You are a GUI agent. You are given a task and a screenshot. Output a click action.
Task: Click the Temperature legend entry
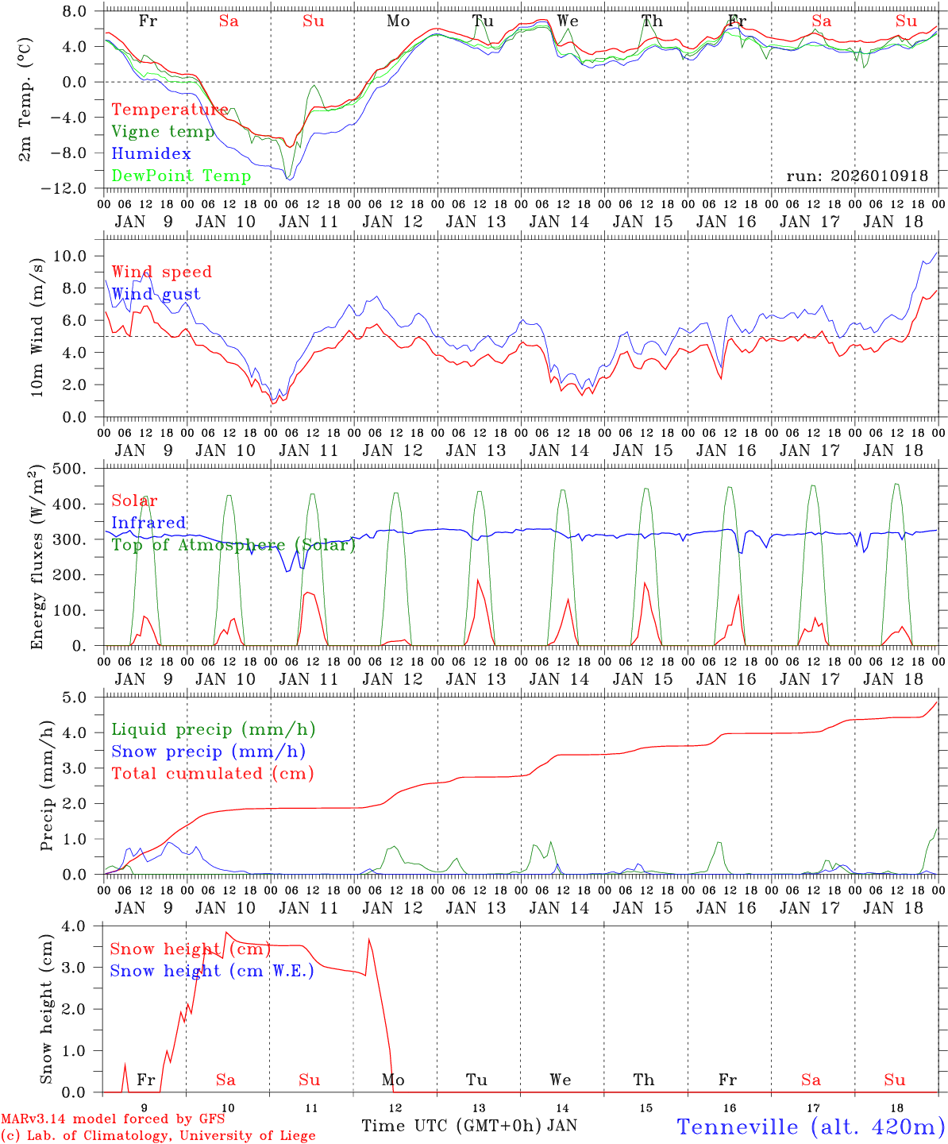170,110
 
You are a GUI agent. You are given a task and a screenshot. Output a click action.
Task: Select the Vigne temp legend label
163,132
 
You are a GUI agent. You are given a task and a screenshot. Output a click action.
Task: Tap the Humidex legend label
151,154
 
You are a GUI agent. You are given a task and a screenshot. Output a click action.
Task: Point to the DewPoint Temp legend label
181,176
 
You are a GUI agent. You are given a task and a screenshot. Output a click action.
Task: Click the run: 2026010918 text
857,176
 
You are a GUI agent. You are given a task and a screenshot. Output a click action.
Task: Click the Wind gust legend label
156,294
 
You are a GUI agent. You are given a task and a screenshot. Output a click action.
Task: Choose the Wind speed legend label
162,272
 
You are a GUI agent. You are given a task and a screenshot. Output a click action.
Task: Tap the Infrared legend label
148,523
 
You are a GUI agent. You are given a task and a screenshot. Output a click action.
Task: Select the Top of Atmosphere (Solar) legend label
233,545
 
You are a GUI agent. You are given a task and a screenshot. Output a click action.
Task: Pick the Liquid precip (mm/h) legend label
213,729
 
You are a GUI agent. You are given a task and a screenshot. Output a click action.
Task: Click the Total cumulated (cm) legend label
213,773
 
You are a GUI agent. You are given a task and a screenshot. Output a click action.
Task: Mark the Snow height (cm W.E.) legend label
212,971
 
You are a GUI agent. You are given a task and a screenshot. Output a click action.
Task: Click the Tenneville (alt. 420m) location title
810,1127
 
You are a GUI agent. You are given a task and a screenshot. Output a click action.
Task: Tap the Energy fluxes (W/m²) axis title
37,558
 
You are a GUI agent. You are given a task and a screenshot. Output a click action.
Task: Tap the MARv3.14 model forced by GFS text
113,1119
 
